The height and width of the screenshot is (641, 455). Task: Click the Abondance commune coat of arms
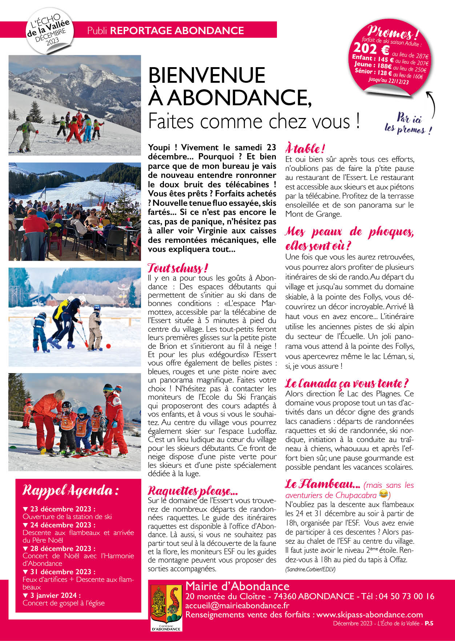coord(166,607)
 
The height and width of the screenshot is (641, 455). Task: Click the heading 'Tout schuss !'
coord(178,269)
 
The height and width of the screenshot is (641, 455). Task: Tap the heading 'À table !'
coord(305,148)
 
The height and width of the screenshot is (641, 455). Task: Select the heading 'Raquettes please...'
coord(193,491)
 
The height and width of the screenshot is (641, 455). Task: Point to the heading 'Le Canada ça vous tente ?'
coord(347,384)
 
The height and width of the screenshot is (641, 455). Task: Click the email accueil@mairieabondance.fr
coord(237,605)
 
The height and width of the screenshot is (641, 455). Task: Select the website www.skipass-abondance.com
coord(369,615)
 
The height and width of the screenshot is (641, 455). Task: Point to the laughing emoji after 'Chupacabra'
coord(383,494)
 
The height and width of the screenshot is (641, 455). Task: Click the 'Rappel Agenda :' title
coord(71,491)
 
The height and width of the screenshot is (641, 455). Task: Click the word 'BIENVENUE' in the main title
coord(207,75)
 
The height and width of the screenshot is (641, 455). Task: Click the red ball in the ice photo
coord(108,346)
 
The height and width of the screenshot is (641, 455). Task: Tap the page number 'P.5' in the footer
coord(429,623)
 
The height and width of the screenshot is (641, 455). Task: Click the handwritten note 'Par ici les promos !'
coord(408,124)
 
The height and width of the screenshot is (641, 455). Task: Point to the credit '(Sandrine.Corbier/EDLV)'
coord(310,569)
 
